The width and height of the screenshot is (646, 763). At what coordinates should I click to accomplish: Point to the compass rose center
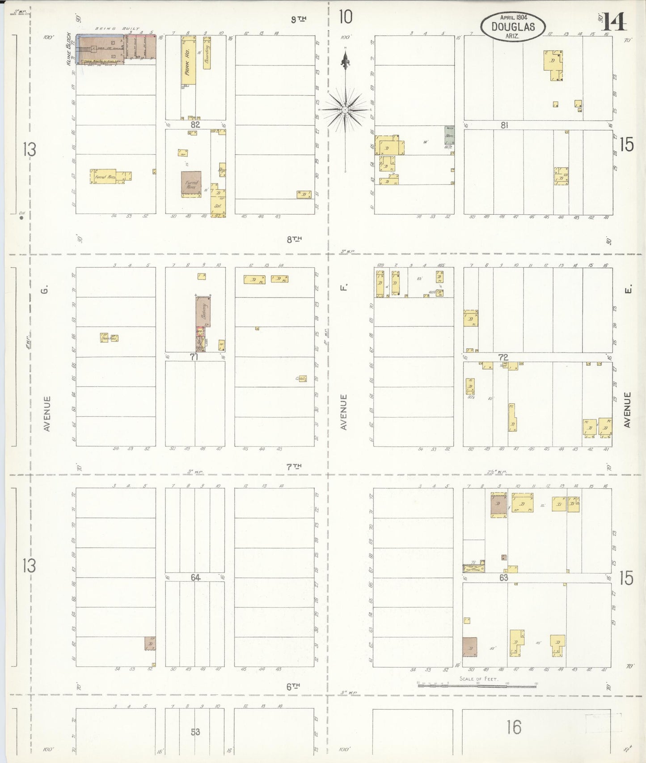pyautogui.click(x=345, y=109)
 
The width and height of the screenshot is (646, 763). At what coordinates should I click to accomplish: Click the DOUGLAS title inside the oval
pyautogui.click(x=513, y=26)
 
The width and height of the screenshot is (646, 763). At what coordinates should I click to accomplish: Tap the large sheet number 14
pyautogui.click(x=616, y=21)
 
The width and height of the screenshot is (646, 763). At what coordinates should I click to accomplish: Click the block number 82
pyautogui.click(x=195, y=124)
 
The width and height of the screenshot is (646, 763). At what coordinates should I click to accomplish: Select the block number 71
pyautogui.click(x=194, y=357)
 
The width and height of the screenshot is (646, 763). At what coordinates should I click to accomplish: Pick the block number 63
pyautogui.click(x=504, y=578)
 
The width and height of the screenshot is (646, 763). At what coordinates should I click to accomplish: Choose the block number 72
pyautogui.click(x=503, y=357)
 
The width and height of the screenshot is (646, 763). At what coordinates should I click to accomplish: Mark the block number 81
pyautogui.click(x=504, y=125)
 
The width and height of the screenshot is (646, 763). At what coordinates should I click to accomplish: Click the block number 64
pyautogui.click(x=195, y=577)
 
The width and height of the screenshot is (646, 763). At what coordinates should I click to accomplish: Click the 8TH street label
pyautogui.click(x=294, y=239)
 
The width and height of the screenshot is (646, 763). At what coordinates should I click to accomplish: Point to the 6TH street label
pyautogui.click(x=293, y=686)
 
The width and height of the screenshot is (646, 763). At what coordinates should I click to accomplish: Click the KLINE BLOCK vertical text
pyautogui.click(x=69, y=48)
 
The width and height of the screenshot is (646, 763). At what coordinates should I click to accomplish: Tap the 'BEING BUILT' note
pyautogui.click(x=117, y=29)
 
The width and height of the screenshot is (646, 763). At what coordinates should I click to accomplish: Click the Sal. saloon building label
pyautogui.click(x=218, y=206)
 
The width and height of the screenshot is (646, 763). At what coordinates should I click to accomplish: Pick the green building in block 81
pyautogui.click(x=449, y=135)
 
